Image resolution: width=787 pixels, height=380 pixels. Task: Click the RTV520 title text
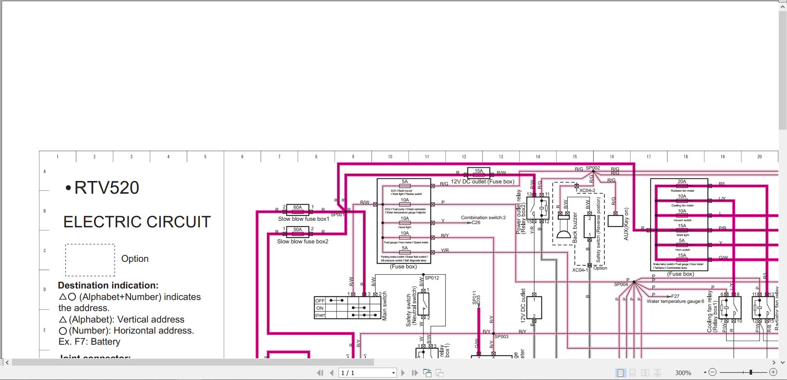(x=106, y=188)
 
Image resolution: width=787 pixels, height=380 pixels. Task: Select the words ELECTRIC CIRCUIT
(x=137, y=222)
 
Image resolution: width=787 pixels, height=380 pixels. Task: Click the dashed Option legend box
(x=90, y=260)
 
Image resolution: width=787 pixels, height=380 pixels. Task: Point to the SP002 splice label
(x=593, y=168)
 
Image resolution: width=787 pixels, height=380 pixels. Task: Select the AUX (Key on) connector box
(x=615, y=221)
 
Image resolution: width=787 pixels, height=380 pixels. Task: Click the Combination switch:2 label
(x=483, y=217)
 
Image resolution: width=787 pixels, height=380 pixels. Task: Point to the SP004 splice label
(x=621, y=284)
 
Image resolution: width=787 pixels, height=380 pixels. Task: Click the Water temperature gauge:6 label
(x=675, y=301)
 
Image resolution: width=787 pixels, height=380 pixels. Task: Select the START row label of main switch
(x=320, y=316)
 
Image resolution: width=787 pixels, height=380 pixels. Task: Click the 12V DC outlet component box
(x=534, y=308)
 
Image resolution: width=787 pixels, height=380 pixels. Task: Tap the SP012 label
(x=432, y=278)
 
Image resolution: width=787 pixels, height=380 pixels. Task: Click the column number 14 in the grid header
(x=538, y=157)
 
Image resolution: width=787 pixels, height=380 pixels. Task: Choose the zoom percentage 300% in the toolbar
(x=683, y=373)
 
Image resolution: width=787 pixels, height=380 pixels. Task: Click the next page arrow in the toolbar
(x=403, y=373)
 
